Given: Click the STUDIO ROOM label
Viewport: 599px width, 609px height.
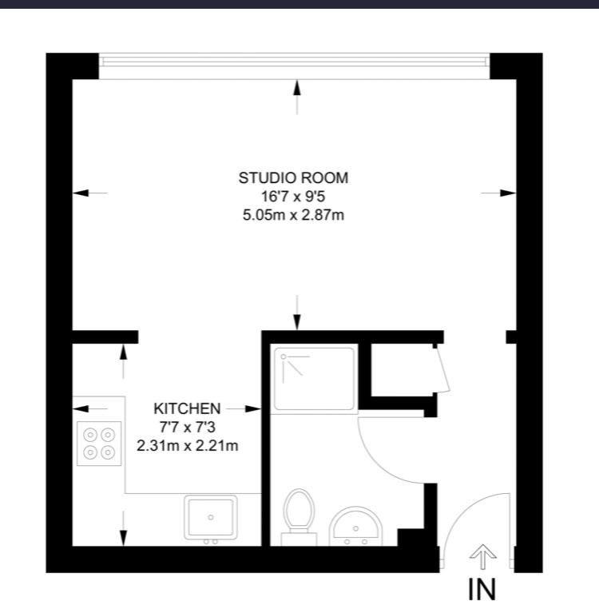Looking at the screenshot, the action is [x=293, y=178].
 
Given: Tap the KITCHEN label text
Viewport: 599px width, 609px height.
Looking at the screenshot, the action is [x=187, y=408].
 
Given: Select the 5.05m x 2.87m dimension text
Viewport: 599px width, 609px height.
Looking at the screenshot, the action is [x=293, y=215].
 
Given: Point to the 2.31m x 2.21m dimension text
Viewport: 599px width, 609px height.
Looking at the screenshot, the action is [x=187, y=445].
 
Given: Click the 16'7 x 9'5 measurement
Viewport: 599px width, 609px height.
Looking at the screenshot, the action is [x=293, y=197].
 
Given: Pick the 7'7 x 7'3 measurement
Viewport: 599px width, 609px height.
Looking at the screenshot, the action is [x=187, y=428].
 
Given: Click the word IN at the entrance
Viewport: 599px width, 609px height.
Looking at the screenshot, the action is [x=482, y=589].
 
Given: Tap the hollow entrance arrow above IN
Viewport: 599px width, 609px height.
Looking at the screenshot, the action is [x=482, y=557].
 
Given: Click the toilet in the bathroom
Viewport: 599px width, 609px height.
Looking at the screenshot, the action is [x=299, y=517].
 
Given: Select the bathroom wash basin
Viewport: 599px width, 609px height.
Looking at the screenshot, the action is [x=356, y=526].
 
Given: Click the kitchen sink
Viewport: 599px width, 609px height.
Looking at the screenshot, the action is [x=211, y=517].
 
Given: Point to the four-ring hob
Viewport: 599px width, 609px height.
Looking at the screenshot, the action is [x=99, y=444].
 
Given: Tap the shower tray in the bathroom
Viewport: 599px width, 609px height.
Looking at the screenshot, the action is [x=314, y=379].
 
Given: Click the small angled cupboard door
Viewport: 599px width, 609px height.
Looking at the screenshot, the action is [x=442, y=370].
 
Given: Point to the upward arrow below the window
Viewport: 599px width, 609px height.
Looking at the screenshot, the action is [x=297, y=97].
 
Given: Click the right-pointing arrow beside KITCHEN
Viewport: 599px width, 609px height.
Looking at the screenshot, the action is [x=244, y=408].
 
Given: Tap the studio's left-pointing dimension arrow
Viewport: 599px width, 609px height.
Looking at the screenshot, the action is [x=90, y=193].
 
